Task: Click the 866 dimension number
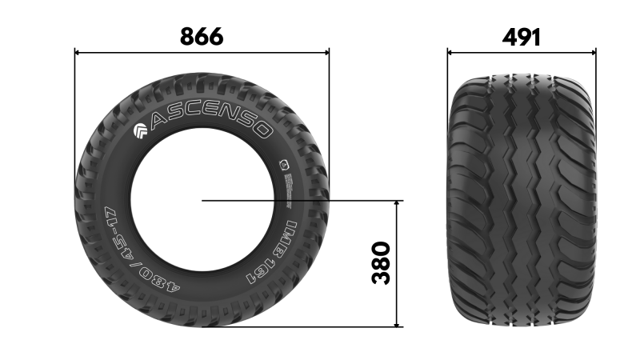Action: pos(202,36)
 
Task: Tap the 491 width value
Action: pos(521,37)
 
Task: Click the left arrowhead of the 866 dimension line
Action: pos(78,53)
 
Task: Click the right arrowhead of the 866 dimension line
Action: pos(326,53)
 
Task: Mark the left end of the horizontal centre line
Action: pos(202,201)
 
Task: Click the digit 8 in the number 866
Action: pos(187,36)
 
